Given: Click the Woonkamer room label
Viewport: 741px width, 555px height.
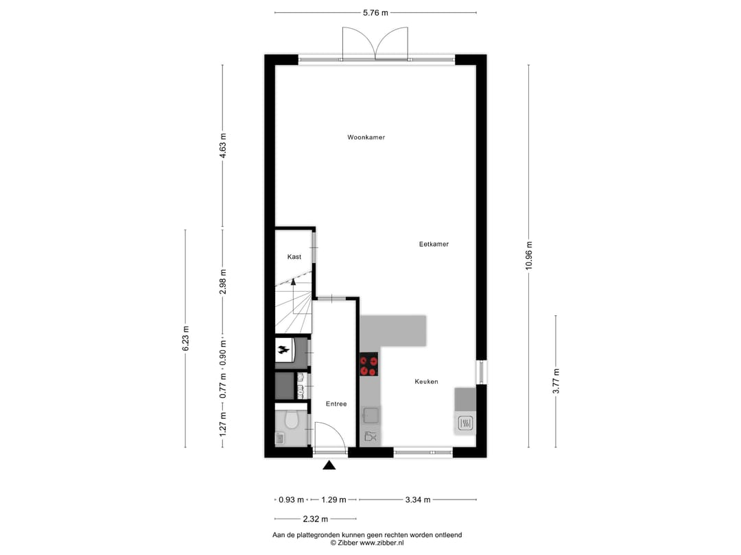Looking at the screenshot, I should pyautogui.click(x=366, y=138).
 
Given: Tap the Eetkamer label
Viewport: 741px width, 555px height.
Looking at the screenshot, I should pyautogui.click(x=434, y=244).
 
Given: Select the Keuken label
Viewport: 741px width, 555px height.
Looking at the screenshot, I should pyautogui.click(x=426, y=382).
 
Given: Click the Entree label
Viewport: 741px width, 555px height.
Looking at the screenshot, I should pyautogui.click(x=336, y=404).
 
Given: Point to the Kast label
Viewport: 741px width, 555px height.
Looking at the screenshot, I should pyautogui.click(x=294, y=257).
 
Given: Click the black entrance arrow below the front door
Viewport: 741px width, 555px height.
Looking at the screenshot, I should pyautogui.click(x=329, y=466).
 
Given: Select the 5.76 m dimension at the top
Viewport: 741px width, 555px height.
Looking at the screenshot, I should pyautogui.click(x=375, y=12).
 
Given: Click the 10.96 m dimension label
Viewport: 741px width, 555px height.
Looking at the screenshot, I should pyautogui.click(x=528, y=256).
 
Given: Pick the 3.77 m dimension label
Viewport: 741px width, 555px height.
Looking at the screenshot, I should pyautogui.click(x=556, y=381).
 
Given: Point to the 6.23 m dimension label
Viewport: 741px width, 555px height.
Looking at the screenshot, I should pyautogui.click(x=185, y=338).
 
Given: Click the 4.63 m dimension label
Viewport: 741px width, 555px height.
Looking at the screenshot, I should pyautogui.click(x=222, y=145).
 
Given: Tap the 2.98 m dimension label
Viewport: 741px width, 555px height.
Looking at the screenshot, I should pyautogui.click(x=222, y=282).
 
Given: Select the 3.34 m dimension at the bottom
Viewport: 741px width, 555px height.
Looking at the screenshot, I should pyautogui.click(x=417, y=500).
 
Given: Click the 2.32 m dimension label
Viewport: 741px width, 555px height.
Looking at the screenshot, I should pyautogui.click(x=315, y=519).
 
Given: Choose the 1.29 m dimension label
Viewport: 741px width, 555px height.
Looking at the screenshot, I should pyautogui.click(x=333, y=500).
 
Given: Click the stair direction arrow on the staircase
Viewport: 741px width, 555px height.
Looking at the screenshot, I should pyautogui.click(x=293, y=282).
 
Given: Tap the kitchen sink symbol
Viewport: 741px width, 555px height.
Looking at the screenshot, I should pyautogui.click(x=371, y=415).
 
